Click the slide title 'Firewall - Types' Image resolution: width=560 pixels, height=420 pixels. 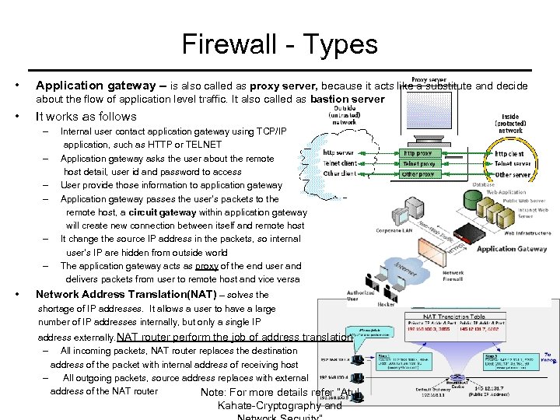(279, 44)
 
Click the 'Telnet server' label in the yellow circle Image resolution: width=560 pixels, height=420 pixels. (513, 164)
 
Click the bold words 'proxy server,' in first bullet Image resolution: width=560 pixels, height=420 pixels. (280, 85)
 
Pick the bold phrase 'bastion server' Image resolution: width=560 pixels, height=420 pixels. (347, 99)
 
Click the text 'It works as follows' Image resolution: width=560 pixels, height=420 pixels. (86, 117)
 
